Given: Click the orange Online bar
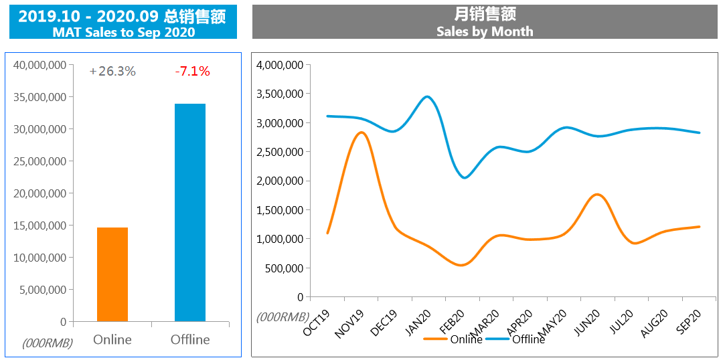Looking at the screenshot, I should tap(112, 274).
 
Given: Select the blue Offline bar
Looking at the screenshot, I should tap(190, 213).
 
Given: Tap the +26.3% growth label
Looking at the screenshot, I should tap(112, 71).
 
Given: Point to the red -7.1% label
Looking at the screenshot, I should tap(192, 71).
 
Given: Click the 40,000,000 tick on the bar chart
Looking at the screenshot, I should tap(39, 65).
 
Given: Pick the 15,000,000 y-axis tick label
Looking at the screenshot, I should tap(39, 226).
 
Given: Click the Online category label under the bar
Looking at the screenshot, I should tap(112, 339).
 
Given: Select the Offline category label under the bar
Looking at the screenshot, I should tap(190, 339).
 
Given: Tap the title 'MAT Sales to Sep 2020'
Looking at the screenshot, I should tap(124, 32).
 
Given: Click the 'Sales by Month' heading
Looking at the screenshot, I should tap(485, 31).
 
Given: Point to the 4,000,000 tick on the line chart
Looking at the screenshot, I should tap(280, 65).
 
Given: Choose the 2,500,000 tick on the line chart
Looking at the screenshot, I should tap(280, 152).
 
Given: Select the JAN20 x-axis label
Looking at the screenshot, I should tap(417, 324).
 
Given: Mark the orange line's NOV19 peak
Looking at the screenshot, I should tap(361, 132).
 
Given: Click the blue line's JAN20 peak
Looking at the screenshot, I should tap(427, 97).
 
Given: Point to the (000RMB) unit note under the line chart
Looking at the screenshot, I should tap(283, 317).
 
